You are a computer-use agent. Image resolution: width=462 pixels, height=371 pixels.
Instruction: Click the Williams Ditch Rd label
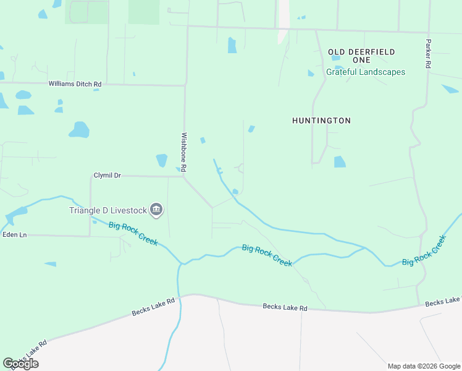pos(75,83)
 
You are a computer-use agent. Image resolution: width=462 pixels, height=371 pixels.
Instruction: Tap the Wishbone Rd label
pos(183,151)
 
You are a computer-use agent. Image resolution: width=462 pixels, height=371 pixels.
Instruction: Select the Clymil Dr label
pos(107,176)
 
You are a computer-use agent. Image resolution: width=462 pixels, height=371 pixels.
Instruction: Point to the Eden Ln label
pos(15,235)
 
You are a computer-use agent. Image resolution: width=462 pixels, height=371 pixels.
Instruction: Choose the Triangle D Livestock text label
pos(108,210)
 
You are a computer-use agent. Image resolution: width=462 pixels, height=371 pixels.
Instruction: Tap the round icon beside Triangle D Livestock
pos(156,211)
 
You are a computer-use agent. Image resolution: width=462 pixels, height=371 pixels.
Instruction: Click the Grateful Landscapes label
pos(366,72)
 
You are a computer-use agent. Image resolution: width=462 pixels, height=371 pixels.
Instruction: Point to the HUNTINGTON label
pos(321,121)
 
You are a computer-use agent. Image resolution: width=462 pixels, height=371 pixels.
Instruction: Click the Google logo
pos(20,363)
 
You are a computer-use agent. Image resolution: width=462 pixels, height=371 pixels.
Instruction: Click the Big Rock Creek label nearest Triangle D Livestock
pos(134,234)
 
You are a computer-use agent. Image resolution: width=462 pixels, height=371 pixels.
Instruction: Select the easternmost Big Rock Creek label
pos(424,250)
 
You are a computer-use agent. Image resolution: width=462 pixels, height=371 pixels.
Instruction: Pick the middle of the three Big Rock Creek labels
pos(267,255)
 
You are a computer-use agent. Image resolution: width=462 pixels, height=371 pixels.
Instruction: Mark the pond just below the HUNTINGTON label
pos(340,162)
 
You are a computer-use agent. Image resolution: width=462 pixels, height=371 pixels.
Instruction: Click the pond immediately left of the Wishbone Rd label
pos(162,161)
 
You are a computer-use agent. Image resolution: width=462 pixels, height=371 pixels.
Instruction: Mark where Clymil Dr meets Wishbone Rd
pos(184,176)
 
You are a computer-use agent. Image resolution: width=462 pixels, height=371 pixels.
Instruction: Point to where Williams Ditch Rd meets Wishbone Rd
pos(185,85)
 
